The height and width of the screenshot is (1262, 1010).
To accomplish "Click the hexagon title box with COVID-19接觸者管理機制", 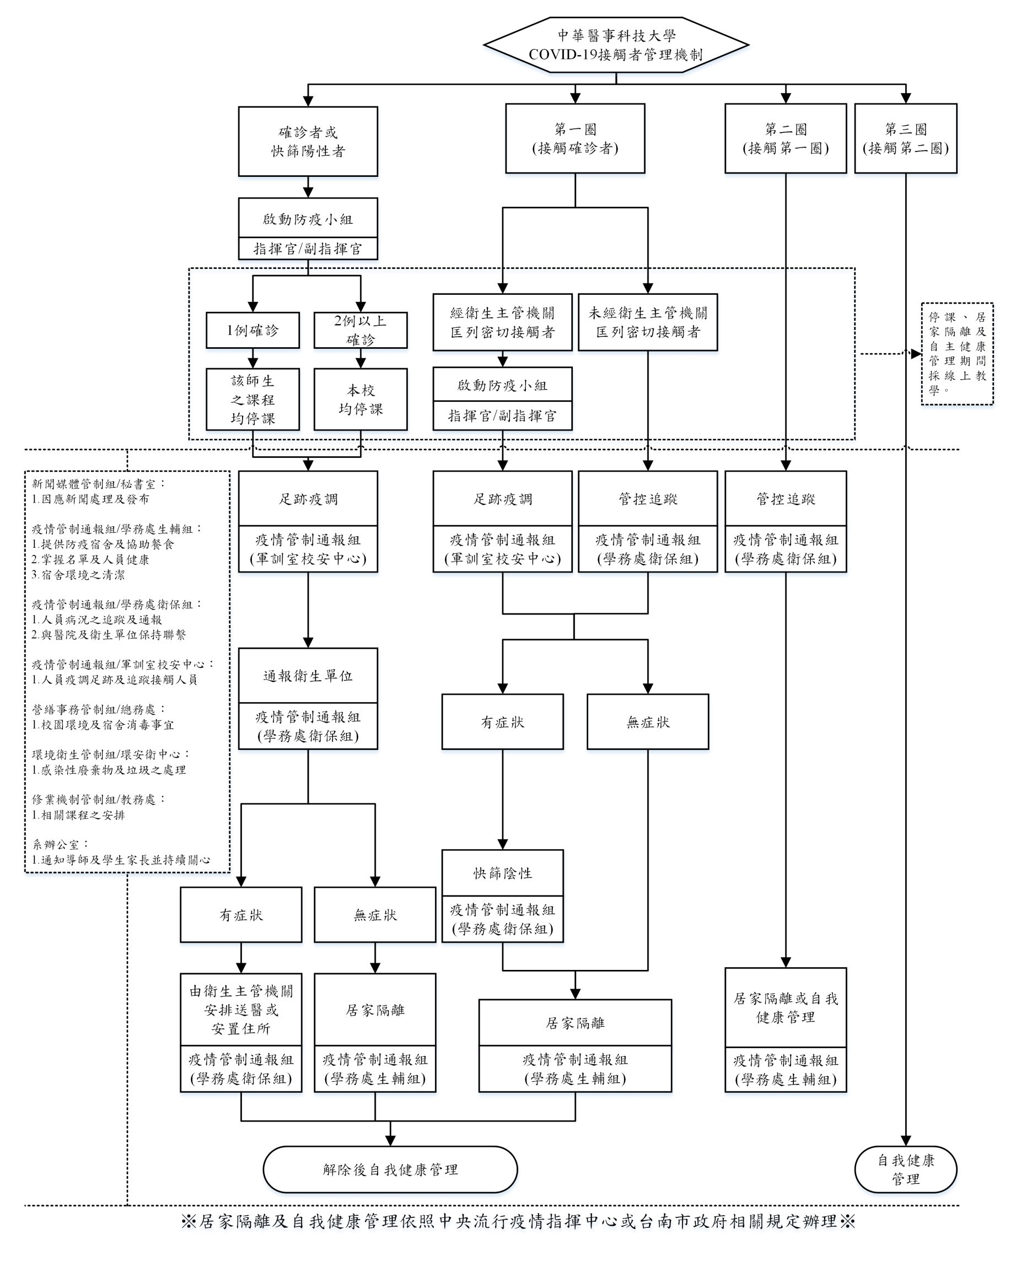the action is [615, 45].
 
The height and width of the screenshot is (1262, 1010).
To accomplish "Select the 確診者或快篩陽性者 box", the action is [308, 141].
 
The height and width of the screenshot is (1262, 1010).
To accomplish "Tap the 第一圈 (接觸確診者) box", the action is [575, 139].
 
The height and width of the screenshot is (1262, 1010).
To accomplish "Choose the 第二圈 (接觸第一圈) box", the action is [785, 139].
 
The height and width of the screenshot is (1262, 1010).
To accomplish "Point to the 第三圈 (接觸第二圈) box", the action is [905, 139].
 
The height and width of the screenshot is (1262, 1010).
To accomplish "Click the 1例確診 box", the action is [253, 330].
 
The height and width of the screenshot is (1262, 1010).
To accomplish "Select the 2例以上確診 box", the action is [360, 330].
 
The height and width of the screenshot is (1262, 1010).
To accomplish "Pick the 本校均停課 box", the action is [360, 399].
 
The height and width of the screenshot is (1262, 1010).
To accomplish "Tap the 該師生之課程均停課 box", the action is [253, 399].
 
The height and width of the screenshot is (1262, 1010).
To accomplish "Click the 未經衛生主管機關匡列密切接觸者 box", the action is [648, 322].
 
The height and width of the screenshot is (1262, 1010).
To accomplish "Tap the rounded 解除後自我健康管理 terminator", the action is [390, 1169].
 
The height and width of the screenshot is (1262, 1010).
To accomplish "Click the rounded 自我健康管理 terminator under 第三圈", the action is [905, 1169].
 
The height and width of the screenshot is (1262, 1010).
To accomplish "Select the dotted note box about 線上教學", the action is [957, 354].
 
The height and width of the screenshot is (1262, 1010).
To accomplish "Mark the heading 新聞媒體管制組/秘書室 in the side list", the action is [98, 484].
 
